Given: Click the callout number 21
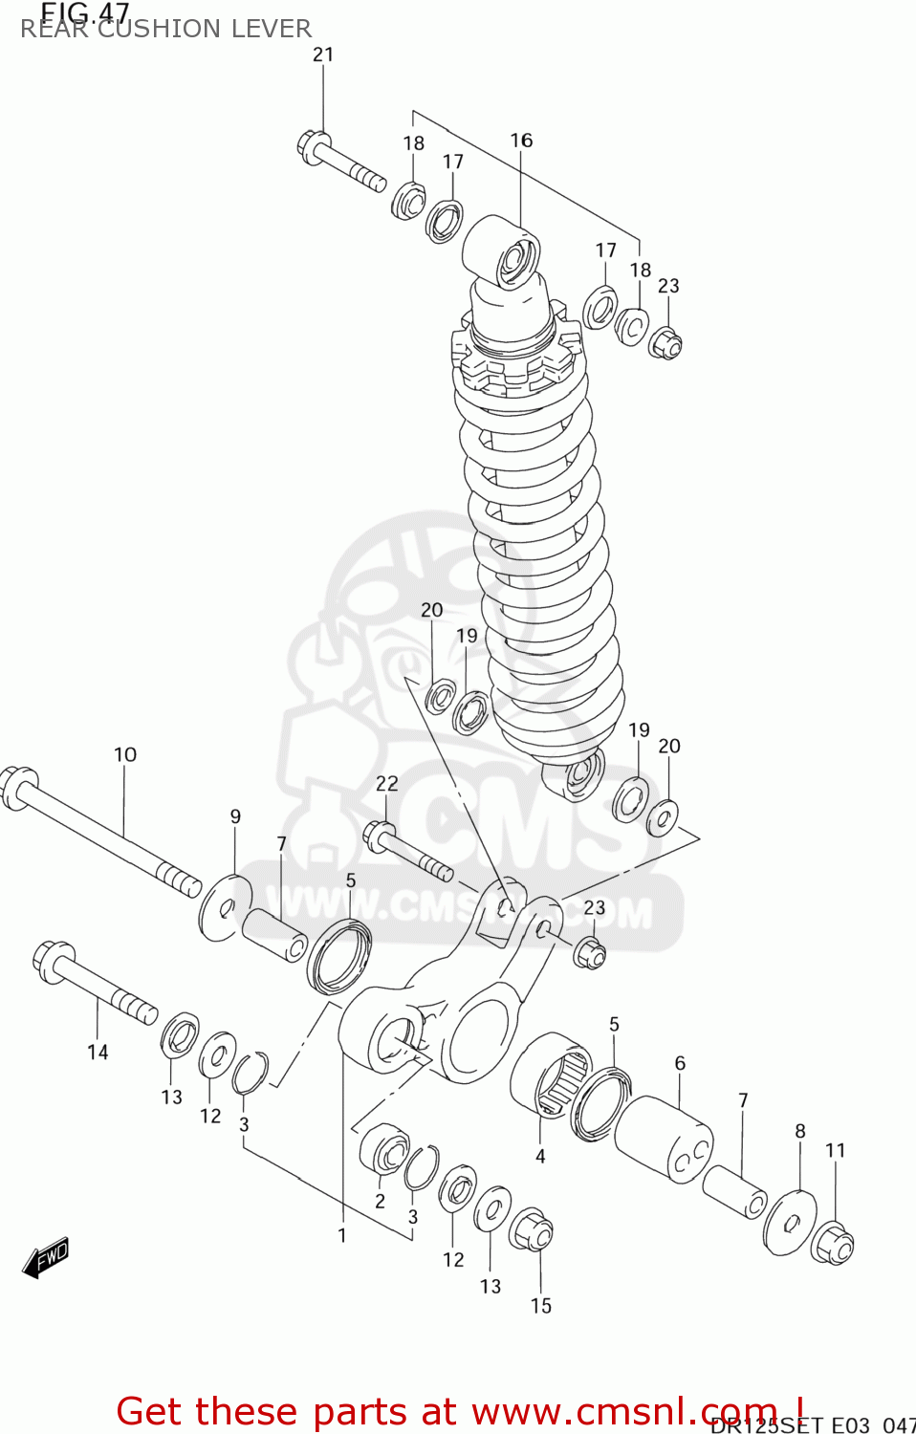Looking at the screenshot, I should point(323,54).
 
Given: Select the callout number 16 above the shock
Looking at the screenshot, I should point(521,141).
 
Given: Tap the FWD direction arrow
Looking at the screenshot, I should point(46,1257).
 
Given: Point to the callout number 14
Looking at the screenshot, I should point(98,1053).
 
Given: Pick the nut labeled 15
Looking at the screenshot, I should point(531,1229).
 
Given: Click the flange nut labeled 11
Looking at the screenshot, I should point(832,1244).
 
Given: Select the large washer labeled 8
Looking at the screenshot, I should point(790,1223).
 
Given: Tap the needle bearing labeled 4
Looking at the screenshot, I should point(551,1075).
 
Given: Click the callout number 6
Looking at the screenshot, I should point(680,1063).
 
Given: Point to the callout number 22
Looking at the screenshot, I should point(386,784).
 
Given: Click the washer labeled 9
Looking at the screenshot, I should point(225,906).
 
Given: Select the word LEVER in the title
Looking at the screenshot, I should point(276,29).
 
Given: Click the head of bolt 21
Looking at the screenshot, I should point(311,147).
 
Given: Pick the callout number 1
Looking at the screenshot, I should point(341,1235).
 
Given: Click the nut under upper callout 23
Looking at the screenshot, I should point(665,343).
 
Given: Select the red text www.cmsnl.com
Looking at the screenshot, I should point(624,1411).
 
